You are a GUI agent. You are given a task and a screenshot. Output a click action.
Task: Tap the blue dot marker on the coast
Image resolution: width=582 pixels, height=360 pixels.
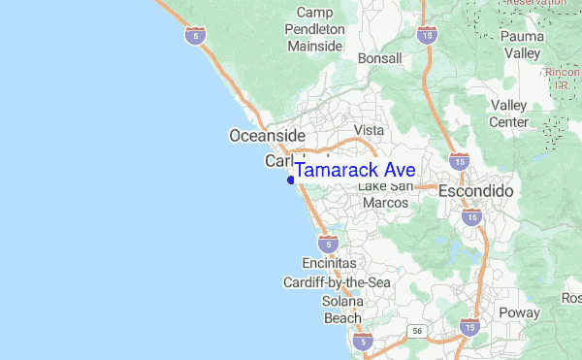[291, 179]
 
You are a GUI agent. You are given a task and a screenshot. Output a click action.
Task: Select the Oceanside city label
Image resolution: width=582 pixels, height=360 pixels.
[267, 136]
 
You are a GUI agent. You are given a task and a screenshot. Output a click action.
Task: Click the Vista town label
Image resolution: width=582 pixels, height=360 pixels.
[369, 130]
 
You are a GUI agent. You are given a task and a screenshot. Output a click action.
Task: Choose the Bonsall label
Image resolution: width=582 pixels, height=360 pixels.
[379, 59]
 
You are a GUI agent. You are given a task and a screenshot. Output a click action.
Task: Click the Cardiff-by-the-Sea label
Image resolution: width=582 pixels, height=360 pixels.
[336, 282]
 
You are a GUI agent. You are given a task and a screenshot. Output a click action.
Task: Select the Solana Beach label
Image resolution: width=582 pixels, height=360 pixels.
[341, 310]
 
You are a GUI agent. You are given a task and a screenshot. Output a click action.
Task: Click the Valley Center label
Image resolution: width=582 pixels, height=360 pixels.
[509, 114]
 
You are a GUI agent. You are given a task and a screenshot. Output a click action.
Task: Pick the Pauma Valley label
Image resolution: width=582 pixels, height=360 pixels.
[523, 46]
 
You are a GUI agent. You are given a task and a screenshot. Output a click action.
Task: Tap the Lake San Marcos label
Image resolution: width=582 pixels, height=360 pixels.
[386, 195]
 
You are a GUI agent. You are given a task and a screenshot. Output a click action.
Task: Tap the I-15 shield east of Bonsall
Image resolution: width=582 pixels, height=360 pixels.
[427, 35]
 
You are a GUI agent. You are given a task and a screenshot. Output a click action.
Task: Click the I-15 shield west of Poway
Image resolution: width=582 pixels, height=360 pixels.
[470, 328]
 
